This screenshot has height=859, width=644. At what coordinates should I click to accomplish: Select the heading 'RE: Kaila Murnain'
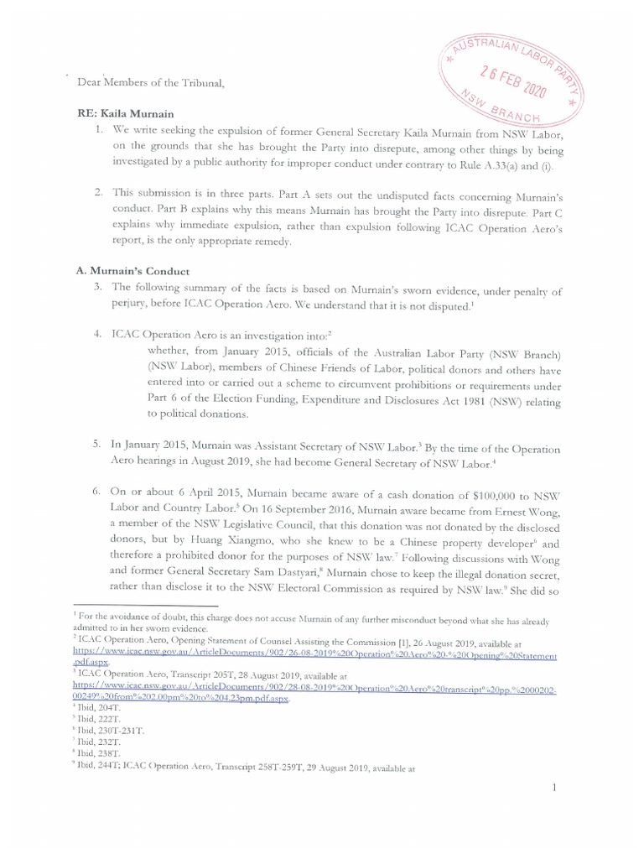(x=127, y=113)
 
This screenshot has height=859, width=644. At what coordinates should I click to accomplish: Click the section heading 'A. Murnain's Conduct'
(x=132, y=272)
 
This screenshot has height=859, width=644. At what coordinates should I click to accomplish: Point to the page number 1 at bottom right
(x=554, y=788)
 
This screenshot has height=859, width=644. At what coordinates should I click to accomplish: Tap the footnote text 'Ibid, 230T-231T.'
(x=111, y=730)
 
